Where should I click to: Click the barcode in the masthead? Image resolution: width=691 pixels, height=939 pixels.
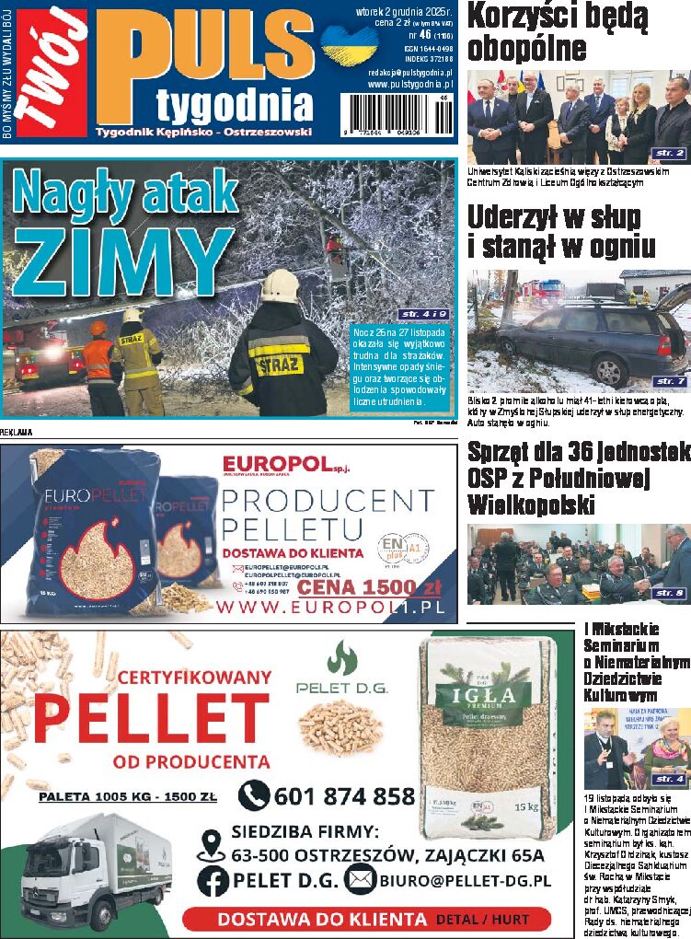pyautogui.click(x=397, y=115)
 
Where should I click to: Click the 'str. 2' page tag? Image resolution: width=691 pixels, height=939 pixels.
pyautogui.click(x=669, y=153)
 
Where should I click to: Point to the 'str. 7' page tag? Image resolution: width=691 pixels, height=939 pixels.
pyautogui.click(x=669, y=381)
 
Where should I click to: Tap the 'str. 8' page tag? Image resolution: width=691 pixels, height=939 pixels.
pyautogui.click(x=669, y=594)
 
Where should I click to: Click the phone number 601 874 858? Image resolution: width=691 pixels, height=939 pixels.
pyautogui.click(x=344, y=796)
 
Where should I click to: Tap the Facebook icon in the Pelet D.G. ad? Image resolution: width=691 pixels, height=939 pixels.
pyautogui.click(x=213, y=880)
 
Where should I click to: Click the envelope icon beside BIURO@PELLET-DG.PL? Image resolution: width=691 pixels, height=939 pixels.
pyautogui.click(x=360, y=880)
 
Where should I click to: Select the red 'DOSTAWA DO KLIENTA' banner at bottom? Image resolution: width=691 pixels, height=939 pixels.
pyautogui.click(x=365, y=919)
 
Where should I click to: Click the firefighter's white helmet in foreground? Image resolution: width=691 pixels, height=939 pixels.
pyautogui.click(x=280, y=286)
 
